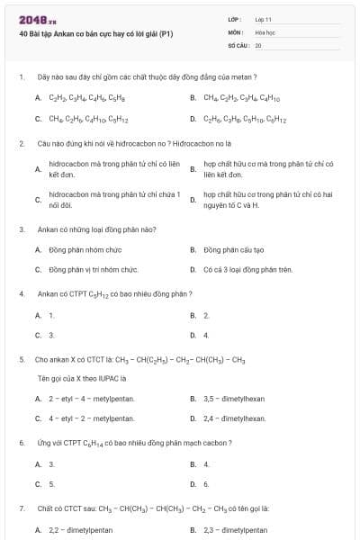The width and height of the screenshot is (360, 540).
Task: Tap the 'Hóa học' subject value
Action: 265,31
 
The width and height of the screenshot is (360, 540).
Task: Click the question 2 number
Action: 22,143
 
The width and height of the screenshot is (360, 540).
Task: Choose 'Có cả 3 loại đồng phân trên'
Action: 247,269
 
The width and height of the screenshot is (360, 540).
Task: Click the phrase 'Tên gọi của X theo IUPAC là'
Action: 81,378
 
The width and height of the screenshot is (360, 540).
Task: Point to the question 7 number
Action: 22,508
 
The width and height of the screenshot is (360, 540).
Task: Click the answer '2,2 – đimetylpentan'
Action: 80,530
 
